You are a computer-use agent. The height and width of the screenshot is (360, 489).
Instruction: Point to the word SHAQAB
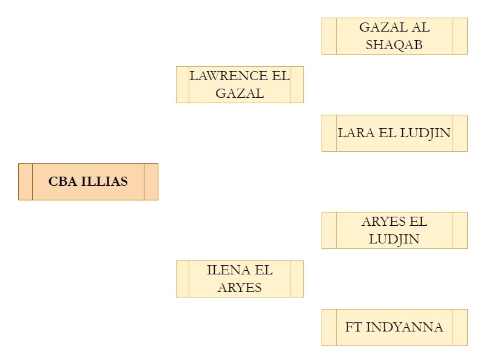pos(394,45)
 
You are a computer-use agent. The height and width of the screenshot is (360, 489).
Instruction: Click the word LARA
pos(356,133)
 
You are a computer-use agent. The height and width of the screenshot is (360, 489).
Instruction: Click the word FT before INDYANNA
pos(354,327)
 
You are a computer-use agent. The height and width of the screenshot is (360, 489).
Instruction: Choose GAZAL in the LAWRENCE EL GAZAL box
pos(240,93)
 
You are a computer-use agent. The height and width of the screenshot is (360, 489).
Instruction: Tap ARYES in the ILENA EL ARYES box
pos(240,288)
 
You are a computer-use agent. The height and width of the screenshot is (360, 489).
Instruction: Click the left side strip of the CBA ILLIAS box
pos(25,182)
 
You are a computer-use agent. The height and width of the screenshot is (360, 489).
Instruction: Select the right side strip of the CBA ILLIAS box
pos(150,182)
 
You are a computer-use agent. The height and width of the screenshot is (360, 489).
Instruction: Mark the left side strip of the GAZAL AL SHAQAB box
pos(329,36)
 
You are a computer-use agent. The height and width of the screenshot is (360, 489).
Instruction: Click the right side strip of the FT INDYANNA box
pos(460,327)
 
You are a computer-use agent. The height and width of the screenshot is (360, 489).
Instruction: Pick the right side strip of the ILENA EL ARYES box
pos(297,279)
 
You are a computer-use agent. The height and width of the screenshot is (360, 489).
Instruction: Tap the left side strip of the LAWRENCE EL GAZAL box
pos(183,84)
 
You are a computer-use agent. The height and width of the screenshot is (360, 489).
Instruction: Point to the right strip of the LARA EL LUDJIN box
pos(460,133)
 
